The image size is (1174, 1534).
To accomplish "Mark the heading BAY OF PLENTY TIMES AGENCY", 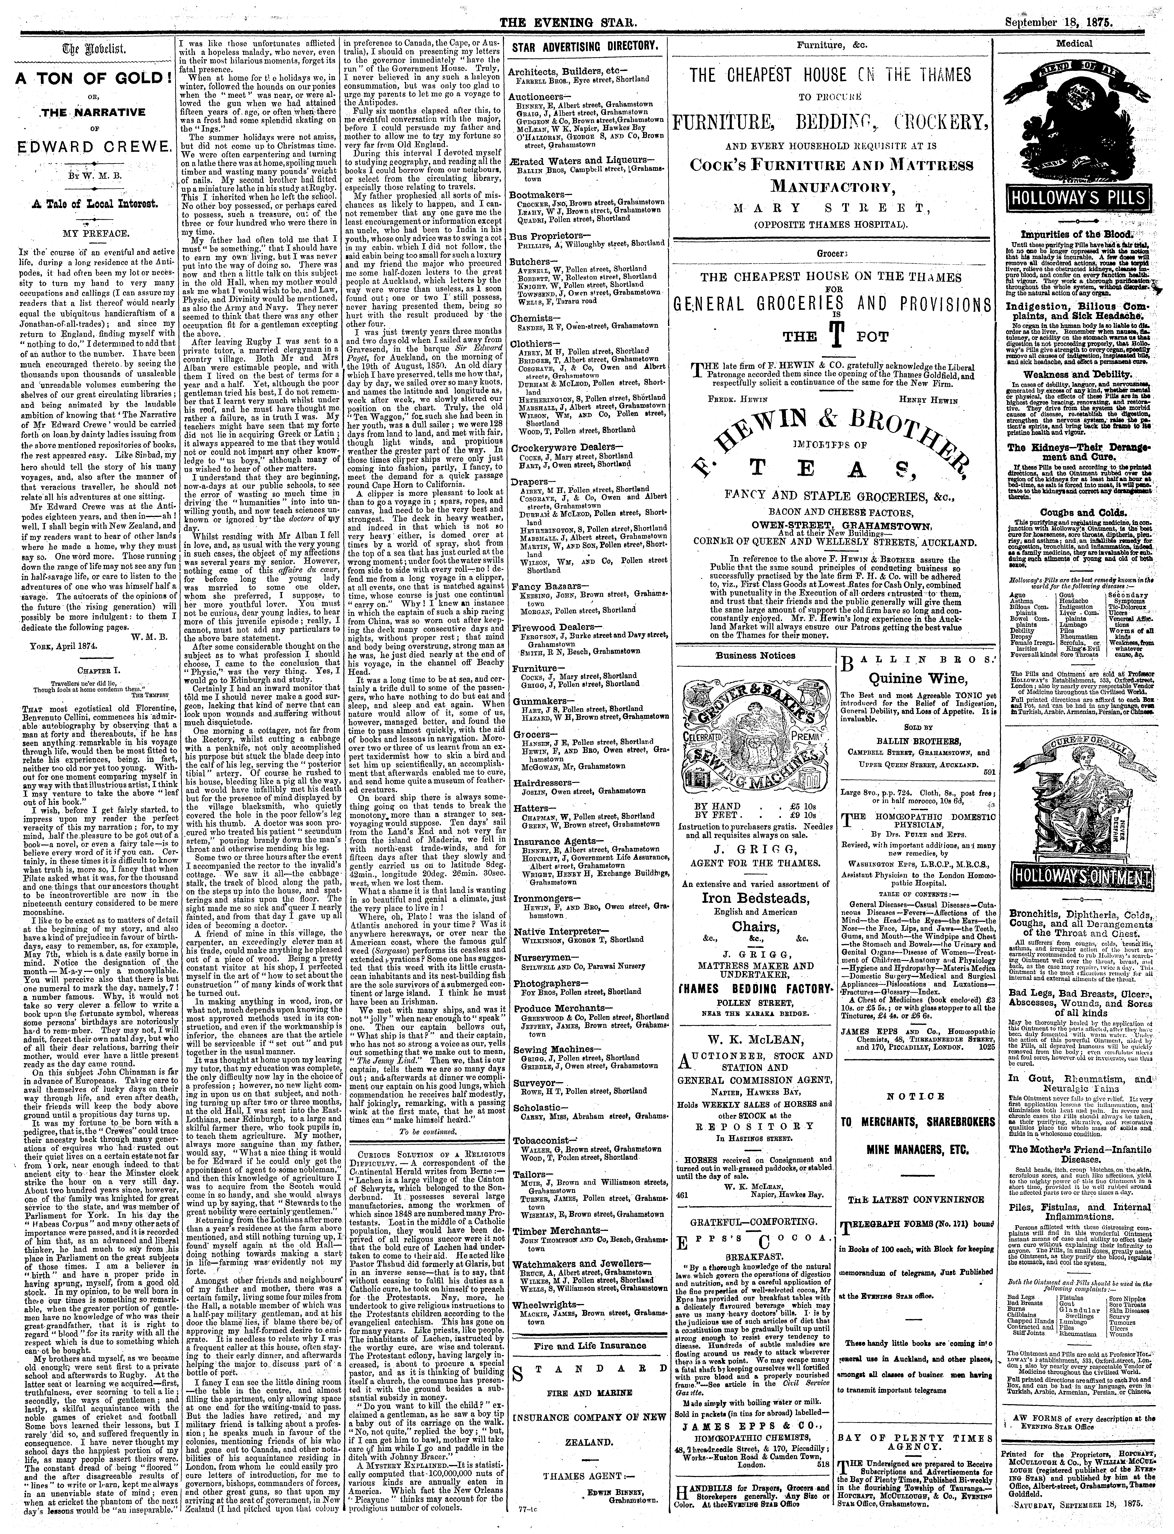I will (x=914, y=1381).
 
